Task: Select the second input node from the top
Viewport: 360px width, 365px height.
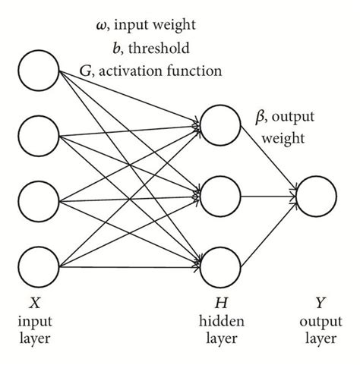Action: [39, 137]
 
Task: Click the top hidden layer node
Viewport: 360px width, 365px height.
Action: [223, 122]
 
